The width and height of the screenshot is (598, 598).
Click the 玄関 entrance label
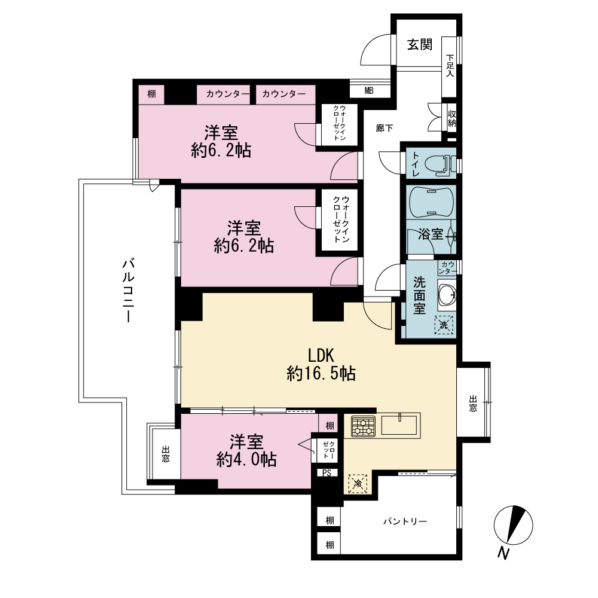tap(420, 45)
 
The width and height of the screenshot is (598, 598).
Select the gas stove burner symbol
tap(363, 426)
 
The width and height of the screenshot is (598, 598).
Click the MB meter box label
tap(369, 91)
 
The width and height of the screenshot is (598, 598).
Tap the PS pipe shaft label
tap(327, 473)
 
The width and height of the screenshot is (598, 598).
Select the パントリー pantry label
tap(405, 521)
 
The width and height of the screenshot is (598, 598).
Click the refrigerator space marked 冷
tap(358, 484)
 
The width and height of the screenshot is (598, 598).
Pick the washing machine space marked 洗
tap(444, 325)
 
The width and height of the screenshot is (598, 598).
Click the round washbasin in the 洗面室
tap(447, 294)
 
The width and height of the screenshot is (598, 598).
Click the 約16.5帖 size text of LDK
tap(321, 373)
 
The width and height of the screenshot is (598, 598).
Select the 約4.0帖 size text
tap(246, 459)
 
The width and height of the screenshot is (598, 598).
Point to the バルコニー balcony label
tap(128, 290)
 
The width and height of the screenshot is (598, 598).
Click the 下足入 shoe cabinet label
tap(450, 66)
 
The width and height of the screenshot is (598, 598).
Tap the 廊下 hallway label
tap(384, 128)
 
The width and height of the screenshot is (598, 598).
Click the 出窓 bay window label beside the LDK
tap(473, 404)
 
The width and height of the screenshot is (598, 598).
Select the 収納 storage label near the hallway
tap(452, 118)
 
